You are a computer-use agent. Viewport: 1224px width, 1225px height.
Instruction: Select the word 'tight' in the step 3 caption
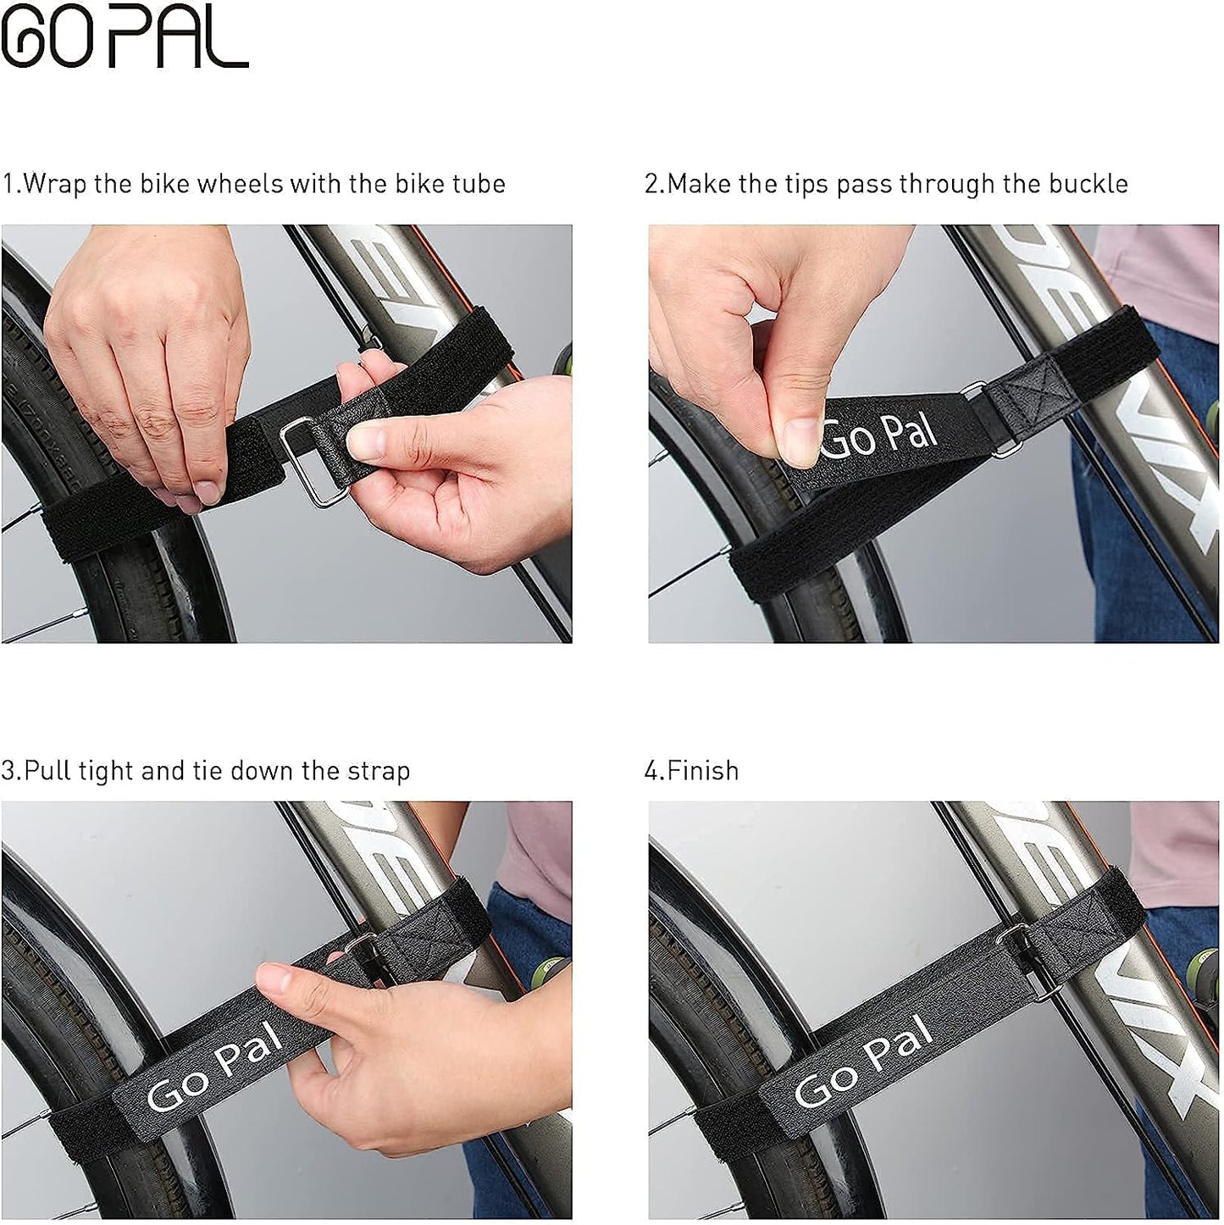[x=106, y=771]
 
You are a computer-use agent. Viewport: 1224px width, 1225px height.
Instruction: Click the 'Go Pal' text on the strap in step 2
[x=881, y=435]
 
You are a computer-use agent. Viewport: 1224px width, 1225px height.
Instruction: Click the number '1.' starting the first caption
[x=10, y=184]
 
